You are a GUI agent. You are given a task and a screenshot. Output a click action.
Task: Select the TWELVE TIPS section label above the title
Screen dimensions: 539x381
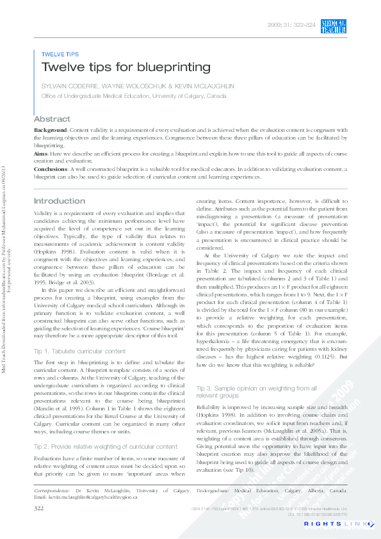click(x=60, y=54)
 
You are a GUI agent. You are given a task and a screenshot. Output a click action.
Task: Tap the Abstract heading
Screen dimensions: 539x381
click(x=52, y=119)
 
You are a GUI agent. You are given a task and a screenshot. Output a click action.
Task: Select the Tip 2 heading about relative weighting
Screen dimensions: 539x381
click(x=105, y=446)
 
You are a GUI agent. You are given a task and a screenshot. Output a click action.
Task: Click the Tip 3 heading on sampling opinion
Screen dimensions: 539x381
click(x=255, y=392)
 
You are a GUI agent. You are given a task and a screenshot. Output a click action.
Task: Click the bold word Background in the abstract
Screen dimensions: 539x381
click(x=49, y=130)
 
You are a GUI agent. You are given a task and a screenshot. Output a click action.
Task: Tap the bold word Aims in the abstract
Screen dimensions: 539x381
click(x=40, y=154)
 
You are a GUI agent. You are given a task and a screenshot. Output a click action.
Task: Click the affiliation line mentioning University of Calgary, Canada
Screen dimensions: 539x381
click(x=133, y=95)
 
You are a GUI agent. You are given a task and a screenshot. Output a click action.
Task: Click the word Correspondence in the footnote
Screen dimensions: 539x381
click(x=52, y=490)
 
